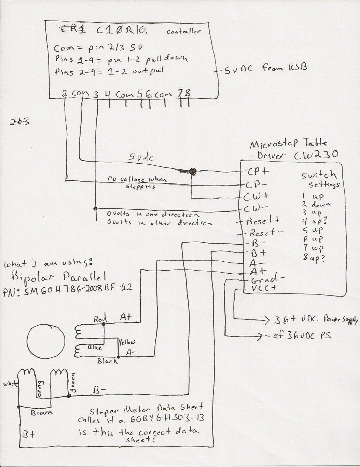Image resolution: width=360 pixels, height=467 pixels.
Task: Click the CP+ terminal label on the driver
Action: pyautogui.click(x=259, y=171)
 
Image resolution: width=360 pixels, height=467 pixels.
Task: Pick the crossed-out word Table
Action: pyautogui.click(x=318, y=142)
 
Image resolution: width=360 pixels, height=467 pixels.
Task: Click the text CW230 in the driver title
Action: pyautogui.click(x=316, y=155)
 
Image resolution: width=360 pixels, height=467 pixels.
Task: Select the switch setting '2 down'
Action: pyautogui.click(x=316, y=205)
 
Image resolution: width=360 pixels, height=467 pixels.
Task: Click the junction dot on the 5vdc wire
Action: pyautogui.click(x=192, y=171)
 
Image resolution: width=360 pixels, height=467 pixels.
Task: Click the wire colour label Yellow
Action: pyautogui.click(x=127, y=342)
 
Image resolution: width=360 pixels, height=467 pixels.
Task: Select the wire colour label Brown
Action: pyautogui.click(x=42, y=413)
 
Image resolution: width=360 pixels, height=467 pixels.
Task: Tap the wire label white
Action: pyautogui.click(x=11, y=384)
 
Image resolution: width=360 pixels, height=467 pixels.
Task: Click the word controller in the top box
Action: pyautogui.click(x=183, y=32)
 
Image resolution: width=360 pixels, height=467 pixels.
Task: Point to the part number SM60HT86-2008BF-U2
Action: pyautogui.click(x=68, y=290)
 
